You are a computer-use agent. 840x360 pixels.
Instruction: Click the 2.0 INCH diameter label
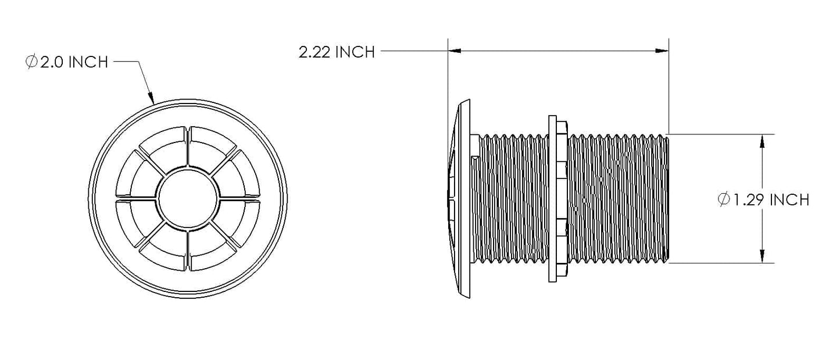[x=67, y=62]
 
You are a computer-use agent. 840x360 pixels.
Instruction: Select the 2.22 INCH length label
[x=337, y=52]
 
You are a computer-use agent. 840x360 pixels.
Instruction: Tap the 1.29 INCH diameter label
[x=763, y=199]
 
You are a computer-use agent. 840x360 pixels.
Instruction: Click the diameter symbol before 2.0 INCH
[x=31, y=62]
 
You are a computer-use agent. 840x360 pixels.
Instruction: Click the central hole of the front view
[x=188, y=198]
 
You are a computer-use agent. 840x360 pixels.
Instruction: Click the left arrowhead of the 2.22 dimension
[x=455, y=51]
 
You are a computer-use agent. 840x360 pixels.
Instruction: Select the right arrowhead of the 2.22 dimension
[x=662, y=51]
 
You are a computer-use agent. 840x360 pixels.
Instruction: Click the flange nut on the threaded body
[x=558, y=199]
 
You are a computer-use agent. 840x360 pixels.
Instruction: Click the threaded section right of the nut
[x=618, y=199]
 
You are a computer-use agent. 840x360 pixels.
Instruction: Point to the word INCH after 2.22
[x=355, y=52]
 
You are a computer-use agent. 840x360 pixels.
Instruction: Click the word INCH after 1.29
[x=789, y=199]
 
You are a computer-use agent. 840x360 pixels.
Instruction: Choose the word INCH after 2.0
[x=88, y=62]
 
